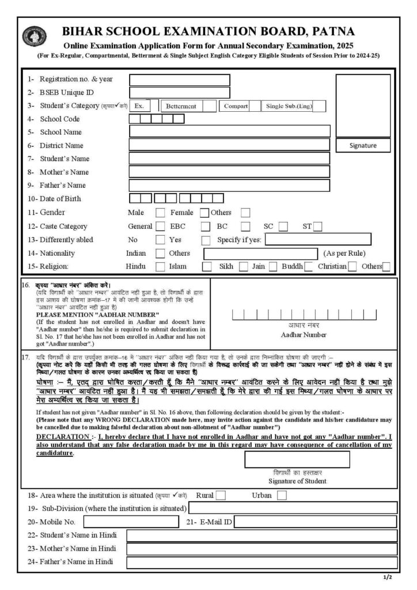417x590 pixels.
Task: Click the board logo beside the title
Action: [31, 37]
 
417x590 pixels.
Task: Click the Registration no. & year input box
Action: [179, 80]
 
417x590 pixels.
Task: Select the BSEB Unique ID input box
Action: [179, 93]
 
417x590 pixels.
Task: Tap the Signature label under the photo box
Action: [363, 146]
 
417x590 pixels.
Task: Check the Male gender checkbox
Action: [161, 213]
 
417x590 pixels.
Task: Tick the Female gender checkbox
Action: [204, 213]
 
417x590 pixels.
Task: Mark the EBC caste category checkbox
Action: [206, 226]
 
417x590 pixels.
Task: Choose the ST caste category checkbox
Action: [317, 226]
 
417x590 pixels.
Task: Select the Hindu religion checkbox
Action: [161, 266]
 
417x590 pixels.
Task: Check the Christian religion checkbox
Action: [352, 266]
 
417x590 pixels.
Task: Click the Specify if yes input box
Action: [317, 240]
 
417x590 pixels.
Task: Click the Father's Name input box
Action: [229, 186]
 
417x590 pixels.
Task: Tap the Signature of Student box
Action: [297, 459]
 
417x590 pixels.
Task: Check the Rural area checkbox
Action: [221, 495]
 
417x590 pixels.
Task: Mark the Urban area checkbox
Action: [282, 495]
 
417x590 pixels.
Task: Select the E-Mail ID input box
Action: [315, 521]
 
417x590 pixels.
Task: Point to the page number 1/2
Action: [386, 577]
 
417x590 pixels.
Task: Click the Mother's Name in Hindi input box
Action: [261, 549]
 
